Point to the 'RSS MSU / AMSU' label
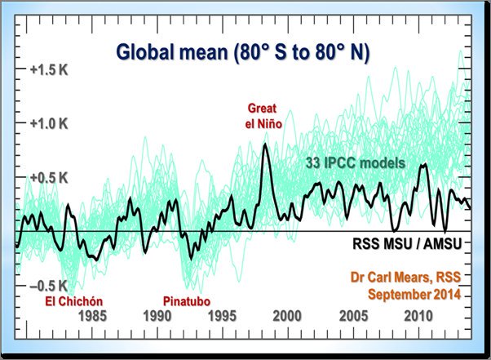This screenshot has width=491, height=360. pos(404,242)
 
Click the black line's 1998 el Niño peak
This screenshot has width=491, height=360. pos(265,144)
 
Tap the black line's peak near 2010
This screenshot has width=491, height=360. pos(423,165)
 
